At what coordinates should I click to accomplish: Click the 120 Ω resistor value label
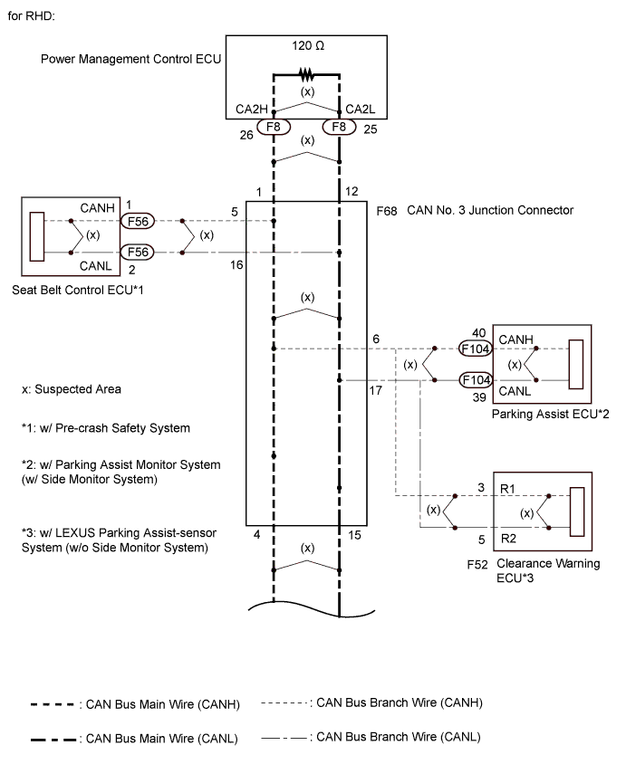pyautogui.click(x=306, y=44)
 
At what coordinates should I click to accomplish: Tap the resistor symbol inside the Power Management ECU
pyautogui.click(x=306, y=75)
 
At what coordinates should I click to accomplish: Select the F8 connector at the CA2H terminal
pyautogui.click(x=273, y=127)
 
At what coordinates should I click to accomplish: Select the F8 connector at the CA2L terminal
pyautogui.click(x=340, y=127)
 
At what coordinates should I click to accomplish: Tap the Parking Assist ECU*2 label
pyautogui.click(x=537, y=413)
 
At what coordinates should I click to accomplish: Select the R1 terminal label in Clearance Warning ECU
pyautogui.click(x=510, y=488)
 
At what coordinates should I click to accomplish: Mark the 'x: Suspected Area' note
pyautogui.click(x=72, y=389)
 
